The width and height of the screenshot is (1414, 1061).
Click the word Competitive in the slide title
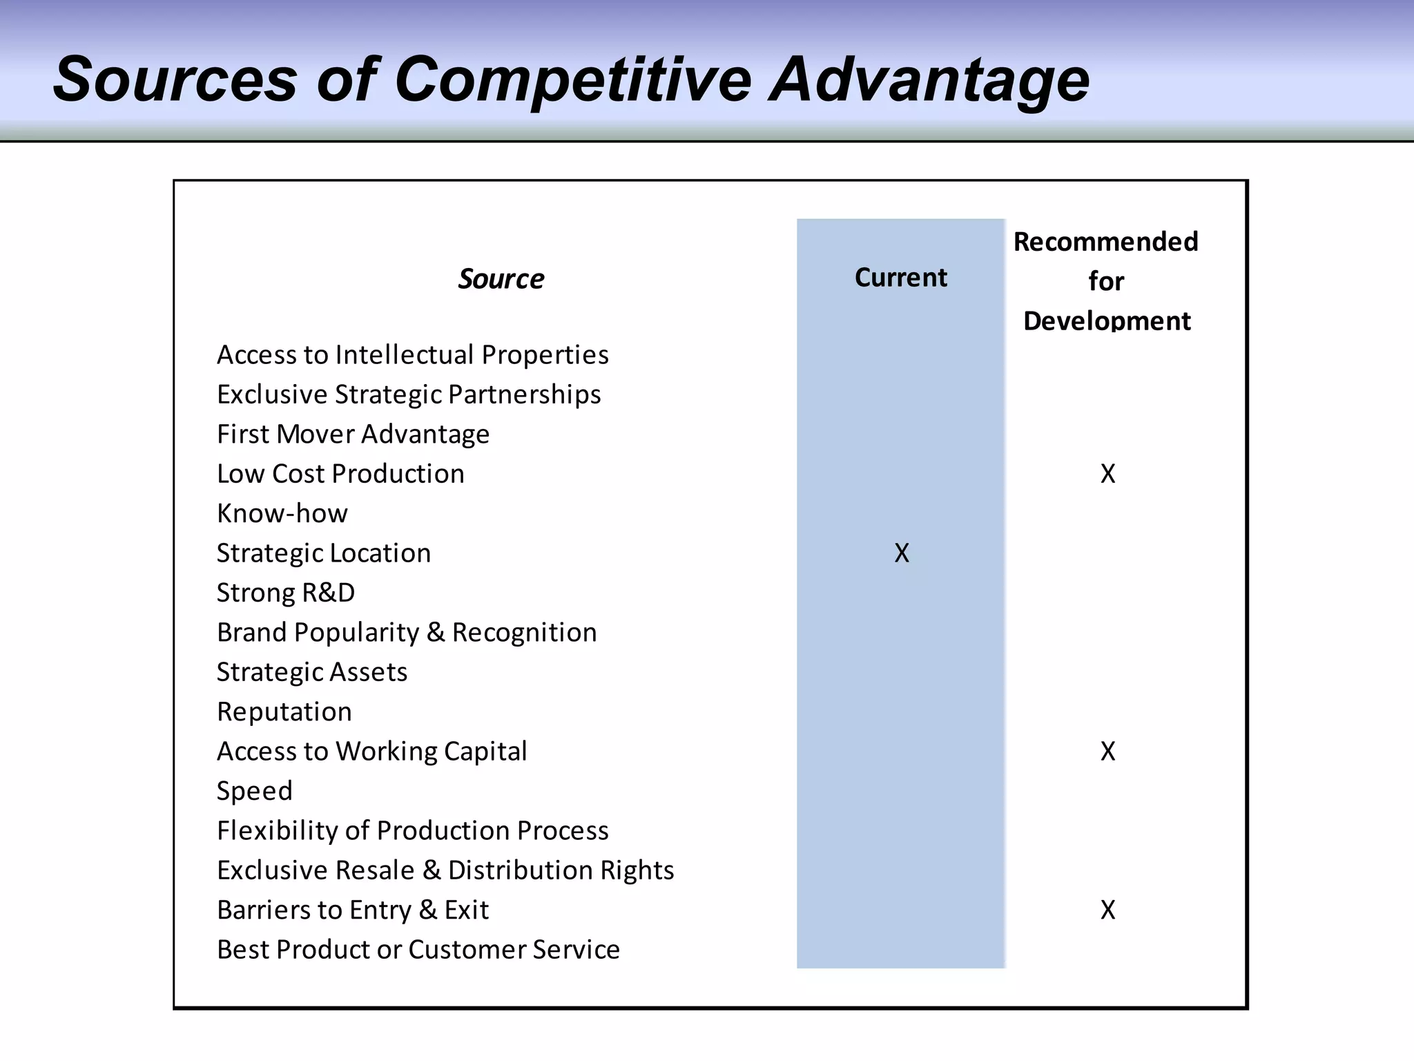click(x=572, y=80)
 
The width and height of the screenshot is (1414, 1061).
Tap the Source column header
click(x=501, y=279)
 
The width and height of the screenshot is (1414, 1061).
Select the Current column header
click(x=900, y=277)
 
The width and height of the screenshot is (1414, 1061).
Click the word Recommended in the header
click(x=1105, y=242)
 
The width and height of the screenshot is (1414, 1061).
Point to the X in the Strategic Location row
click(x=901, y=553)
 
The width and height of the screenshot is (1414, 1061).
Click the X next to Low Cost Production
click(x=1107, y=474)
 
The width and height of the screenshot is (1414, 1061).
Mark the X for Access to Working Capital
click(x=1107, y=752)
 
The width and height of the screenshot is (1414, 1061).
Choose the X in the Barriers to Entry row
click(x=1107, y=910)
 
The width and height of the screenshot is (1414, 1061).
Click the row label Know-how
click(x=282, y=513)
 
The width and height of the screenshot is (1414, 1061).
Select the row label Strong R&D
click(x=285, y=593)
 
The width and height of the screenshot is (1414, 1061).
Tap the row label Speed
click(x=254, y=791)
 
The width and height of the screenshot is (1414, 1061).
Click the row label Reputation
click(x=284, y=711)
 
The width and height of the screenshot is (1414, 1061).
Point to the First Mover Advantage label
click(x=353, y=434)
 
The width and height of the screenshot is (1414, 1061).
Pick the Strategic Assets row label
click(x=311, y=672)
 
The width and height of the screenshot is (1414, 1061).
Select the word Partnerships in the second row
click(x=524, y=394)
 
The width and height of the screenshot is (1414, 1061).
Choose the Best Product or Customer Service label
click(x=418, y=949)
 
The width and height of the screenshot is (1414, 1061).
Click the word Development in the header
click(x=1106, y=321)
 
